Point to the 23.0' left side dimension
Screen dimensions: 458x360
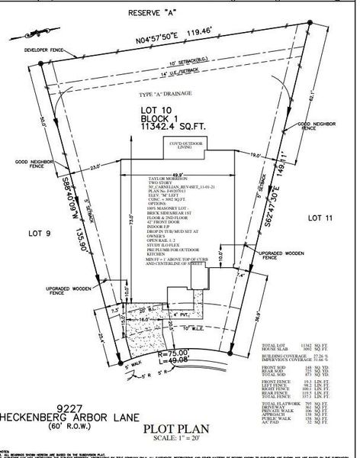pyautogui.click(x=95, y=166)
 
